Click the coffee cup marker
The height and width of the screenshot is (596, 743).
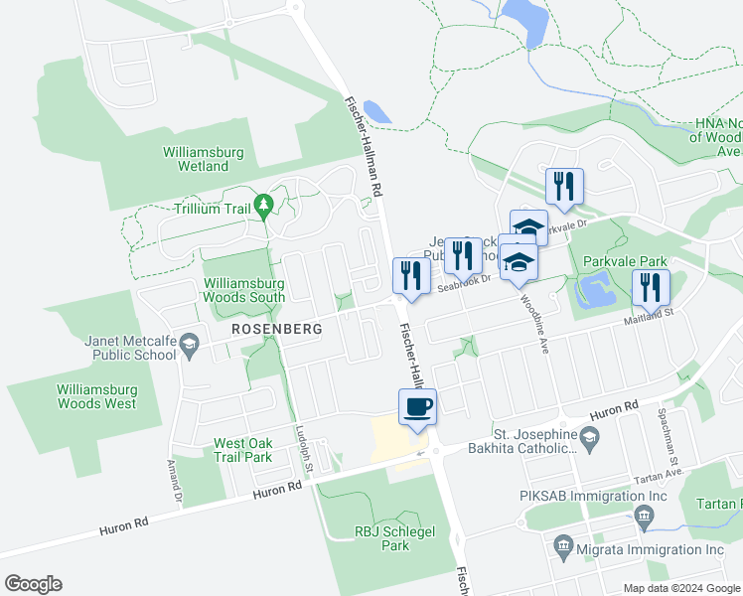[417, 406]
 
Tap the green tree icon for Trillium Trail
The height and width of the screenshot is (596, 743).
[263, 208]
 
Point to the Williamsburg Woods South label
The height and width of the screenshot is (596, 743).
[244, 289]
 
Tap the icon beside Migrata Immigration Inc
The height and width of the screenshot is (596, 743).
[563, 545]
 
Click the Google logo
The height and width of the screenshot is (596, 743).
[33, 584]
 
